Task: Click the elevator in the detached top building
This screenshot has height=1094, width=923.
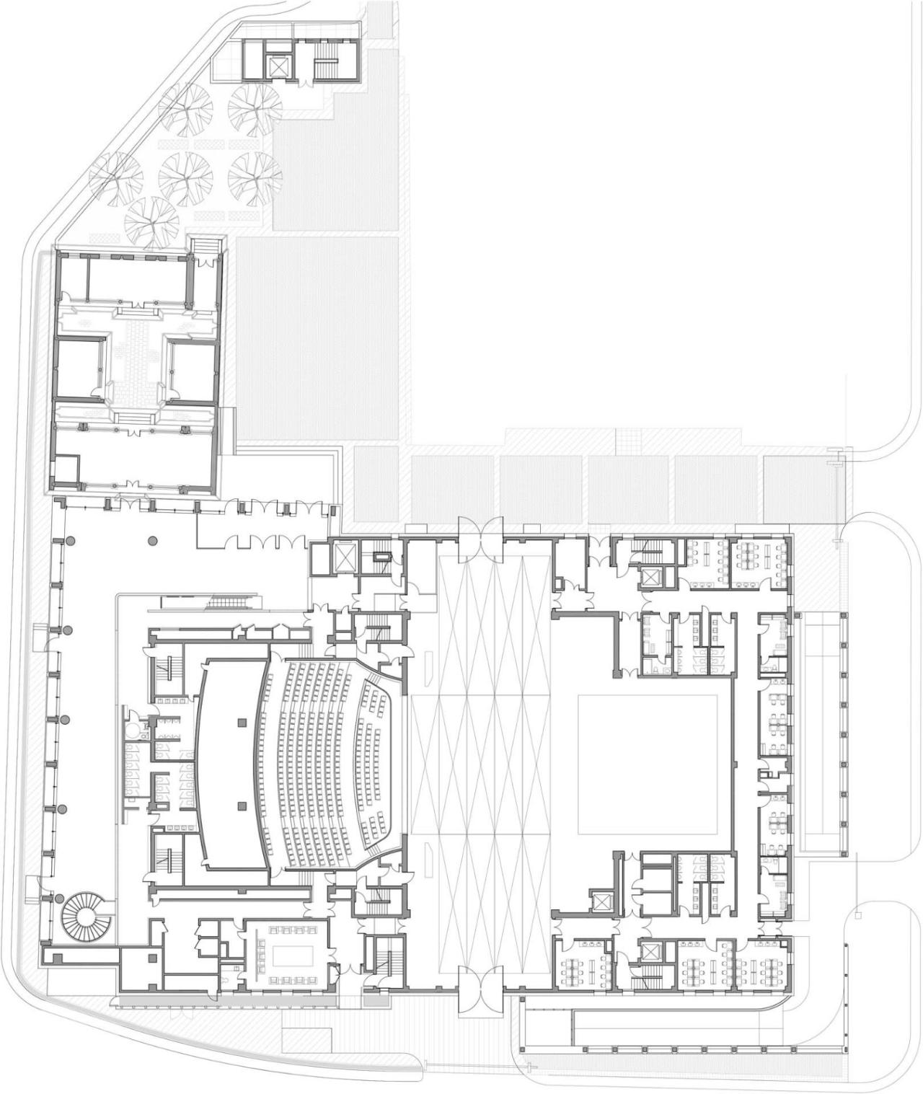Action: [277, 67]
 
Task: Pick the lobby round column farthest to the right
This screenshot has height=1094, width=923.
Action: [151, 540]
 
